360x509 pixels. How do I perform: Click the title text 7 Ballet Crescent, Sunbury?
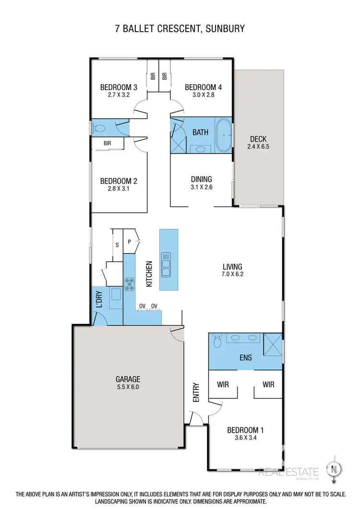point(180,29)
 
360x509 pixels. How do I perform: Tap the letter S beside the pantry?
point(117,245)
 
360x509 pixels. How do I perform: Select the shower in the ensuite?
point(272,343)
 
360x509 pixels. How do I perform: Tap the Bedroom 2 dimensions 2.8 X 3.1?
point(119,189)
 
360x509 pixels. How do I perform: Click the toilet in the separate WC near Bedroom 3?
point(99,129)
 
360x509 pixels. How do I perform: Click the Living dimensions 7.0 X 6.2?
point(232,275)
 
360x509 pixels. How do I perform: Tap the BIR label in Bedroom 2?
point(108,143)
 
